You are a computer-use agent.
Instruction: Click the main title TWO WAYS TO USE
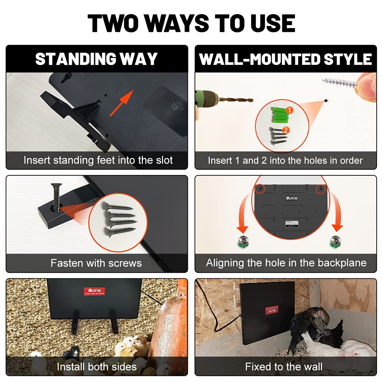click(x=191, y=23)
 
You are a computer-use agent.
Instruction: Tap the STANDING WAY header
click(x=96, y=59)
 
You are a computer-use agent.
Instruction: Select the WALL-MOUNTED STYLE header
click(x=285, y=59)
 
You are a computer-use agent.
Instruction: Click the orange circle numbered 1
click(x=289, y=110)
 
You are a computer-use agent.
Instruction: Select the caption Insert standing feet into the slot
click(x=98, y=160)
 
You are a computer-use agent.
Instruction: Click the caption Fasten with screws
click(x=96, y=263)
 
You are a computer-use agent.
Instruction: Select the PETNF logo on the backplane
click(x=292, y=198)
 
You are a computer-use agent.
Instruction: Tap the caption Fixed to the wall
click(x=284, y=366)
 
